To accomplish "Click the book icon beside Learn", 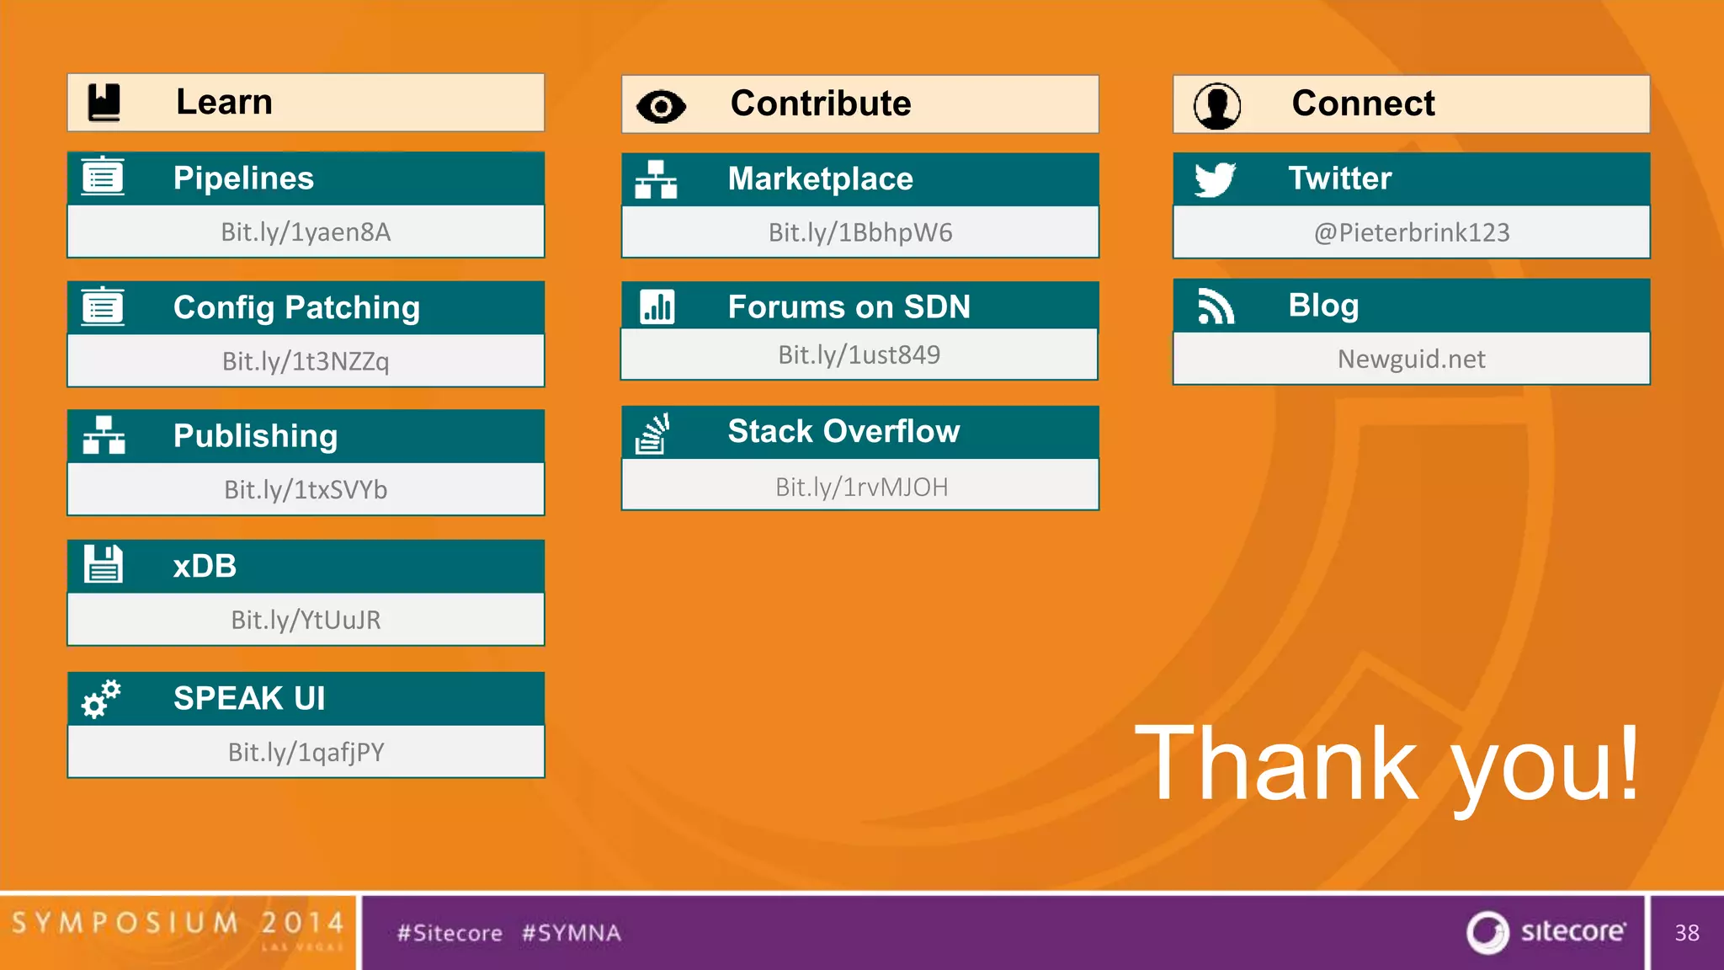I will pos(104,103).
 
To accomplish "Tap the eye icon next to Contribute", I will pos(661,106).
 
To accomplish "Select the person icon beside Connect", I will pos(1216,106).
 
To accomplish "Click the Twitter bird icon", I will pos(1215,179).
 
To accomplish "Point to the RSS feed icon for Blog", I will pos(1216,306).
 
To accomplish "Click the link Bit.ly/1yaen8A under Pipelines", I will pos(306,232).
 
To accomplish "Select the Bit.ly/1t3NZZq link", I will pos(306,361).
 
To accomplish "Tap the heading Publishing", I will pos(255,436).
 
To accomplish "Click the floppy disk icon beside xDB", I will pos(104,565).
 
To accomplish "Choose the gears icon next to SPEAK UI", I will pos(101,699).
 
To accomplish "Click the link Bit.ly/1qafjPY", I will pos(306,752).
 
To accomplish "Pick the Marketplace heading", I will pos(820,179).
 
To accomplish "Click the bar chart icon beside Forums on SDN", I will pos(657,307).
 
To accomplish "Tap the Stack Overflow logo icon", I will pos(652,434).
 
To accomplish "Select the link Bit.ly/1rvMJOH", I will pos(861,488).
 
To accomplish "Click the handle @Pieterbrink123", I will pos(1412,232).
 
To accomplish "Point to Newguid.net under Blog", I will pos(1411,360).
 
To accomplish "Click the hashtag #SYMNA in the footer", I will pos(571,933).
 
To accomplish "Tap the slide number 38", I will pos(1686,933).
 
